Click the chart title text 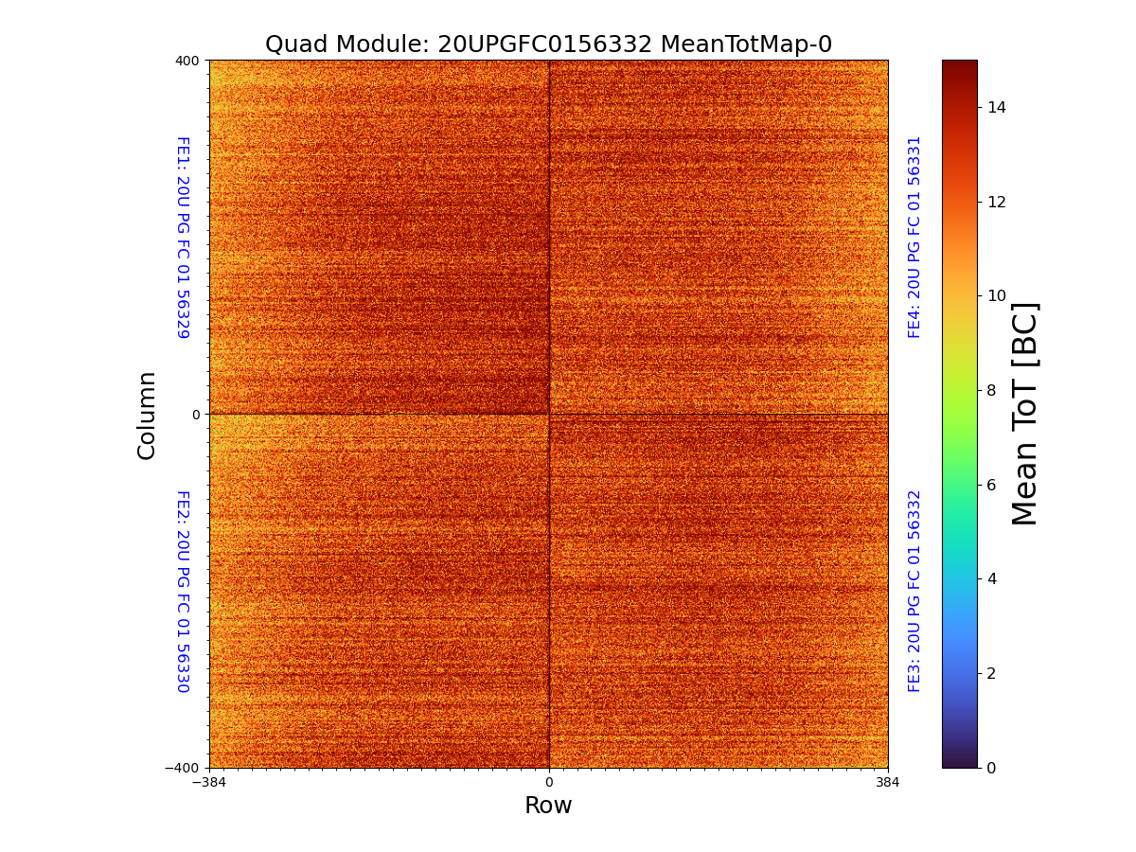(x=548, y=44)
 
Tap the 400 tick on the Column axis (x=188, y=61)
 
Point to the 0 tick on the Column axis (x=196, y=415)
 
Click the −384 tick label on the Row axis (x=209, y=783)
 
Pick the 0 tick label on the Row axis (x=549, y=783)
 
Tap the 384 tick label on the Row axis (x=888, y=783)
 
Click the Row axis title (x=548, y=806)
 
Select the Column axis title (x=147, y=415)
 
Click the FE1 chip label (x=183, y=238)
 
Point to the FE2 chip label (x=183, y=591)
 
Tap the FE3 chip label (x=914, y=591)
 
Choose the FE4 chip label (x=914, y=237)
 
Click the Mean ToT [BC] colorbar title (x=1025, y=414)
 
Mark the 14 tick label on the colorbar (x=997, y=107)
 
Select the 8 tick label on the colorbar (x=992, y=390)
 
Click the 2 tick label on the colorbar (x=992, y=673)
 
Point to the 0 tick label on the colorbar (x=992, y=768)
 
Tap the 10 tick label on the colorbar (x=997, y=296)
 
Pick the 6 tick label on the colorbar (x=992, y=485)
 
